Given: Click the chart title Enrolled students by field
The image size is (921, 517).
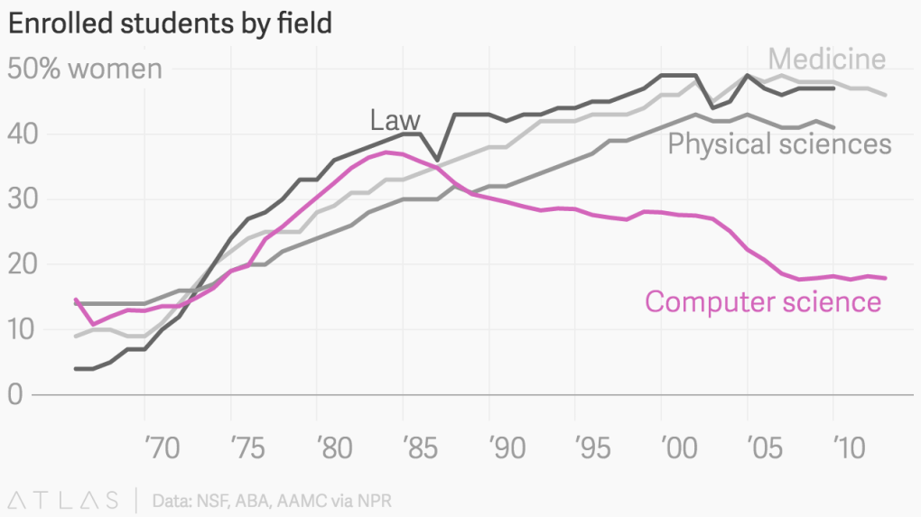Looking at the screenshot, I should click(x=170, y=23).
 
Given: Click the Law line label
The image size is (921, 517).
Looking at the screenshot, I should click(x=395, y=119).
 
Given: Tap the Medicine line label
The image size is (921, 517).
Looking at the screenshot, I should click(x=826, y=60).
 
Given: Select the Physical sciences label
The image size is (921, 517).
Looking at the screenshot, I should click(x=779, y=143).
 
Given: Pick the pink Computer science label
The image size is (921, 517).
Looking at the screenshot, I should click(x=762, y=301).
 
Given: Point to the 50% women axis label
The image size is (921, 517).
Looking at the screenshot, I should click(x=85, y=69).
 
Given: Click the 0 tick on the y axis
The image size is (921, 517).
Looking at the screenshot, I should click(x=17, y=394).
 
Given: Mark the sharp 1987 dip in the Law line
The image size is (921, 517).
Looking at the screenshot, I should click(x=438, y=160).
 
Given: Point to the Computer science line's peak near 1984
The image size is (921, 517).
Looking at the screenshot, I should click(x=386, y=152).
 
